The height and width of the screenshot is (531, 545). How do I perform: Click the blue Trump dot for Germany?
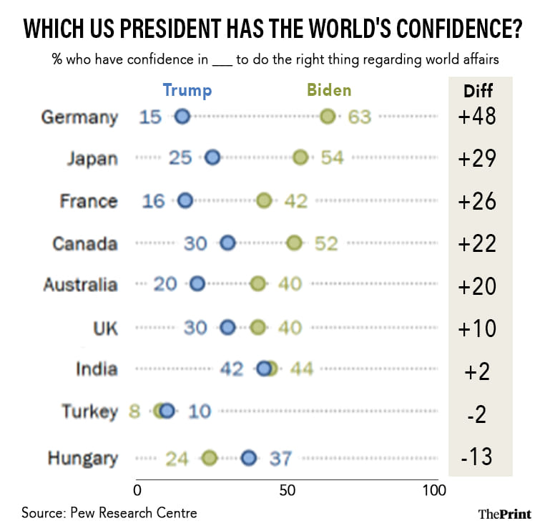pos(182,117)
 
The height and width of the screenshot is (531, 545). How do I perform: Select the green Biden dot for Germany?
pos(328,117)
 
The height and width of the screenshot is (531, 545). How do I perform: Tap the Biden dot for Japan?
pos(300,157)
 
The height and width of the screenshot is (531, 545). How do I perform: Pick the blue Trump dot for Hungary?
pos(249,458)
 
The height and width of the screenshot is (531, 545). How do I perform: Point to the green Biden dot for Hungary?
pos(209,458)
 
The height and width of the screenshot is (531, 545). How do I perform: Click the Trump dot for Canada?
pos(227,243)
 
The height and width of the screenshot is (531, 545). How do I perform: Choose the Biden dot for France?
pos(264,200)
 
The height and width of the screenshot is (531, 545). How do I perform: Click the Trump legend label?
pos(187,90)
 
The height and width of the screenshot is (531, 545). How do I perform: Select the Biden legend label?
pos(329,90)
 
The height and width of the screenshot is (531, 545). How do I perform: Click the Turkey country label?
pos(89,411)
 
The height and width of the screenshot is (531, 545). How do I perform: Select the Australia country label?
pos(80,284)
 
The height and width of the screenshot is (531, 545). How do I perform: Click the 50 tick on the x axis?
pos(287,491)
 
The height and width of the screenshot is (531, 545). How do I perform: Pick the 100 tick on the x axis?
pos(433,491)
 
